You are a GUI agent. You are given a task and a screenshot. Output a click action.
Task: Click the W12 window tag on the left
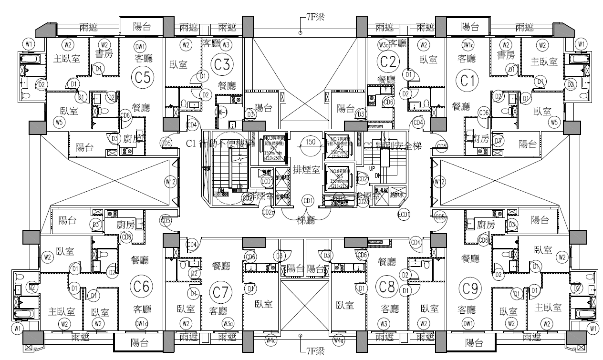pyautogui.click(x=170, y=181)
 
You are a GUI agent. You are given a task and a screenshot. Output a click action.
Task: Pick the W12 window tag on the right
pyautogui.click(x=439, y=182)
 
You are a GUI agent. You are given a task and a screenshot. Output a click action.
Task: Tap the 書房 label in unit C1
pyautogui.click(x=506, y=55)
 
